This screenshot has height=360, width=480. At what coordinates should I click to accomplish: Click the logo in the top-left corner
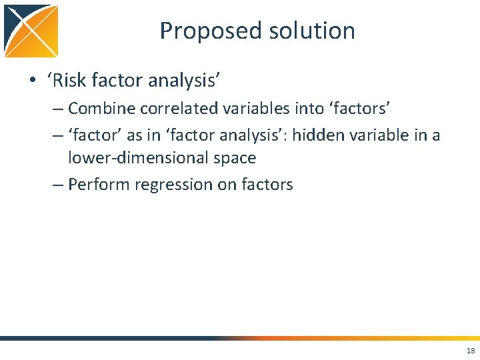[31, 31]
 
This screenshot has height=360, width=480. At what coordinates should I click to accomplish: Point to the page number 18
[471, 351]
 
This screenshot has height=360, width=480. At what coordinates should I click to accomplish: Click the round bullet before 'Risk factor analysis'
[33, 81]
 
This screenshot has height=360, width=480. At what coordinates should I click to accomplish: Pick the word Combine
[101, 108]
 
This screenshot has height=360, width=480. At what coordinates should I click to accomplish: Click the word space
[234, 158]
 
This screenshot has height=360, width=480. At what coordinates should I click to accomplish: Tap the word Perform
[97, 185]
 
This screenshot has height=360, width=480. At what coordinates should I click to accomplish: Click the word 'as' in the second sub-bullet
[135, 135]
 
